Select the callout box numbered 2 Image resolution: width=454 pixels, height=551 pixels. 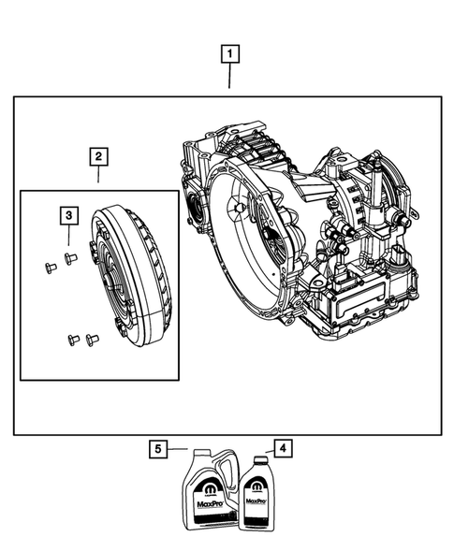click(98, 156)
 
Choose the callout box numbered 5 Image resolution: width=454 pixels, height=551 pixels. click(159, 450)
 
